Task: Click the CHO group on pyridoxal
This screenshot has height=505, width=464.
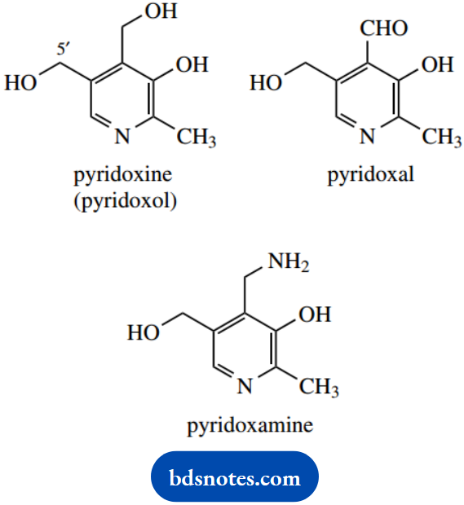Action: (x=384, y=29)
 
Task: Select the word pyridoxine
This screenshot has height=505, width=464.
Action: (x=123, y=175)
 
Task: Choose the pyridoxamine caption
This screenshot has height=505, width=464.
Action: (x=250, y=424)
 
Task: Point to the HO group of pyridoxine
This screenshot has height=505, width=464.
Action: (x=20, y=83)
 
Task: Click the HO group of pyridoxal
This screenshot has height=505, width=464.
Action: (x=265, y=83)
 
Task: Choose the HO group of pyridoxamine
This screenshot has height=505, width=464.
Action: (x=143, y=332)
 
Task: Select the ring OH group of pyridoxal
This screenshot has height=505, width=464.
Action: (x=437, y=65)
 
